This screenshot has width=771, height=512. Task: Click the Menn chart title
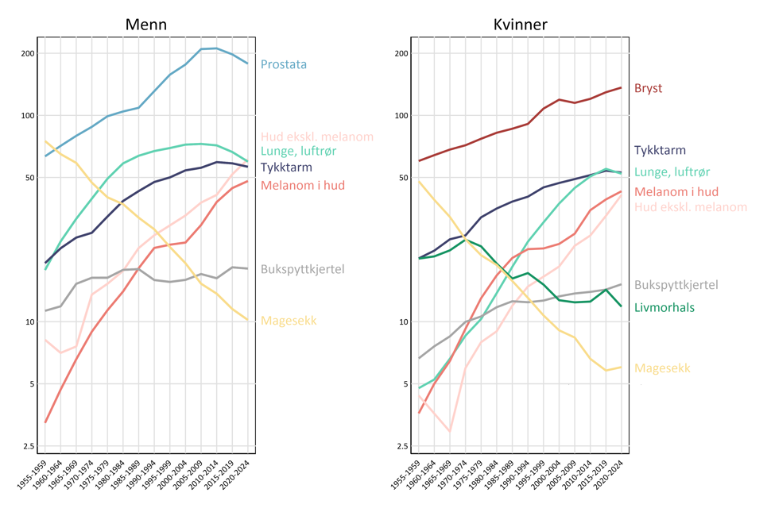(146, 25)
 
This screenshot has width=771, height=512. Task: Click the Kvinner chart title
(520, 25)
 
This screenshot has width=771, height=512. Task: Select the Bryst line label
(648, 88)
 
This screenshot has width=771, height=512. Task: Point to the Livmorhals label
(664, 307)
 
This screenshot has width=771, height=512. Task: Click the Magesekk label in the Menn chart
(289, 321)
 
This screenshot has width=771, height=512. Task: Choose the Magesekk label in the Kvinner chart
(662, 368)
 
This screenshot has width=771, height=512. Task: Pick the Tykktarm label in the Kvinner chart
(660, 150)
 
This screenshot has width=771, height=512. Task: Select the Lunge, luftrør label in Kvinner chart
(672, 171)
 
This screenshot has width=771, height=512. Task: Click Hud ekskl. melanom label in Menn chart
(316, 137)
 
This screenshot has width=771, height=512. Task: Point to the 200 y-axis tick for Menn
(28, 53)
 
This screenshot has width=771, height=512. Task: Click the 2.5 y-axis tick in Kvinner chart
(402, 447)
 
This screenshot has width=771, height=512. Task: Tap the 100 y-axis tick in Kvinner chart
(401, 116)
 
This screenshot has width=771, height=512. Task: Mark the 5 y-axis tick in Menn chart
(33, 384)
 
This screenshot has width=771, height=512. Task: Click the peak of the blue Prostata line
(217, 48)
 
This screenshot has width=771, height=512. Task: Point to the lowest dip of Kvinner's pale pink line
(450, 431)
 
